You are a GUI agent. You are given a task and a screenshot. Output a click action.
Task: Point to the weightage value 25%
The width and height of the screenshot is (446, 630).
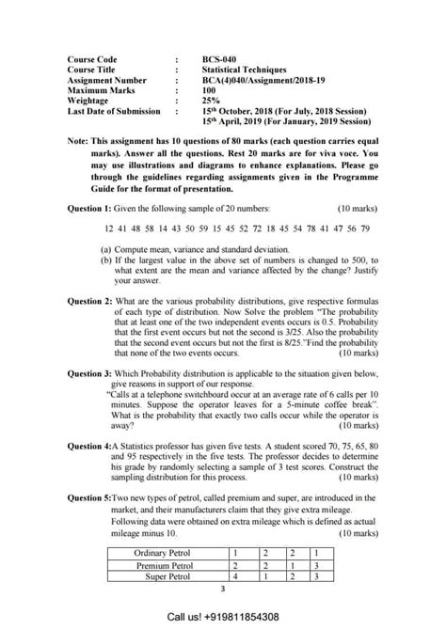click(211, 101)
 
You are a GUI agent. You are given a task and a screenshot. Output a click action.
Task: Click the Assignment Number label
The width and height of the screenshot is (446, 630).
click(107, 80)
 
